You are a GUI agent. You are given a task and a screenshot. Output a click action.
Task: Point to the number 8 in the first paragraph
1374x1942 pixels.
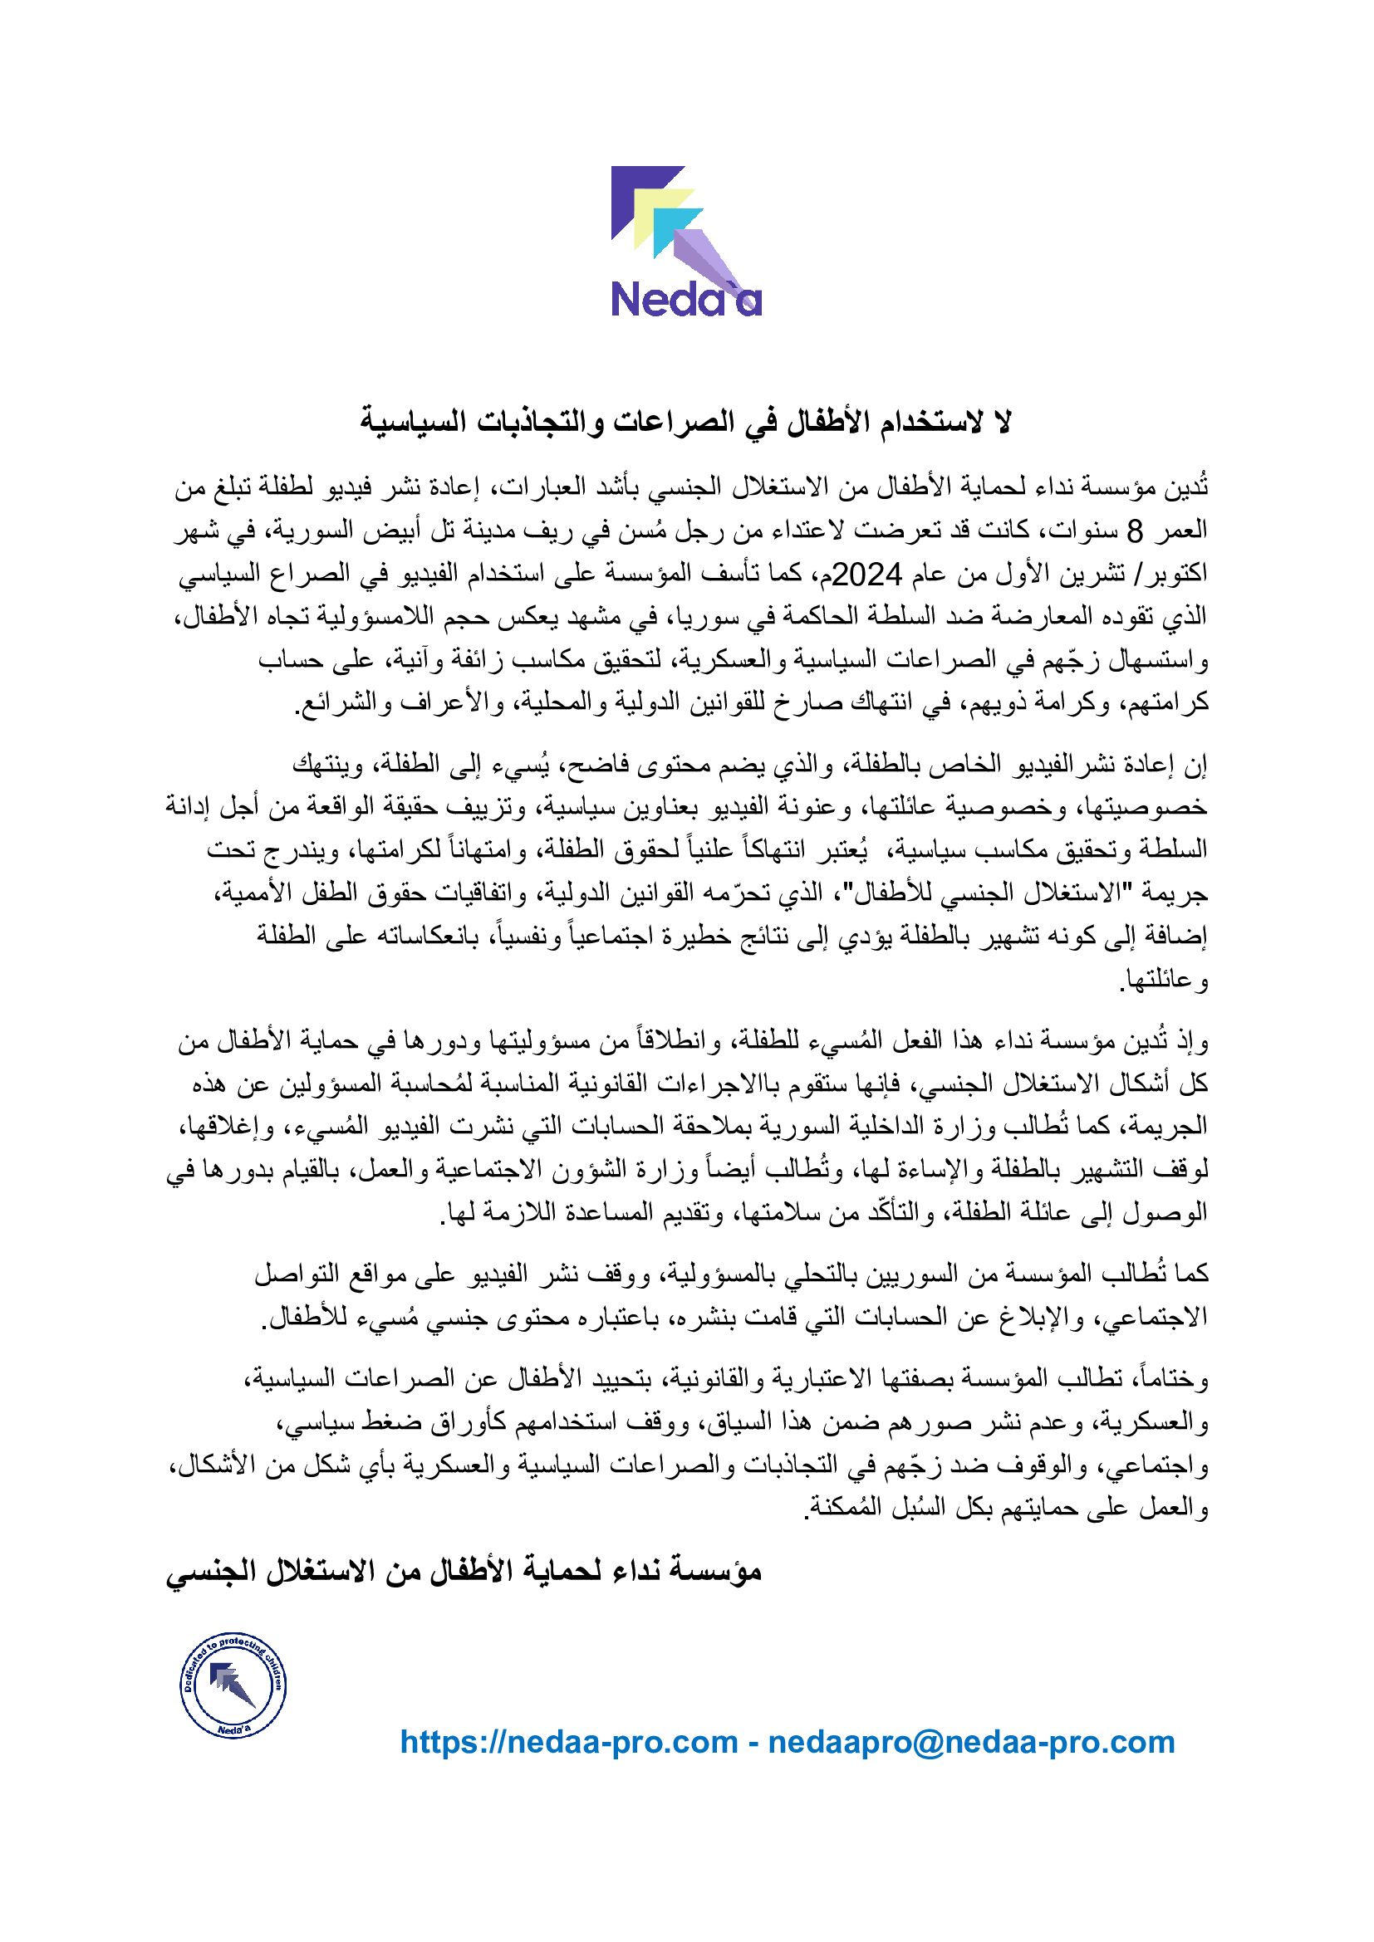pyautogui.click(x=1135, y=531)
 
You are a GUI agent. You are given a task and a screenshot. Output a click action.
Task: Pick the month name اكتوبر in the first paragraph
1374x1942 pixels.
pyautogui.click(x=1175, y=575)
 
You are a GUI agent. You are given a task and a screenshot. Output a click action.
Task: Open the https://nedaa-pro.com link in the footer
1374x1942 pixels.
pyautogui.click(x=568, y=1743)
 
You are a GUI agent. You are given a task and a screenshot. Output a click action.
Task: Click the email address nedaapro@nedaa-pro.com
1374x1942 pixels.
pyautogui.click(x=971, y=1743)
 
